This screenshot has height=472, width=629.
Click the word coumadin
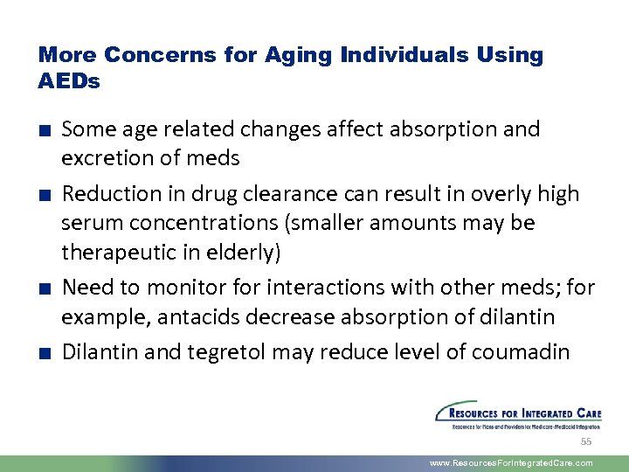coord(521,351)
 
